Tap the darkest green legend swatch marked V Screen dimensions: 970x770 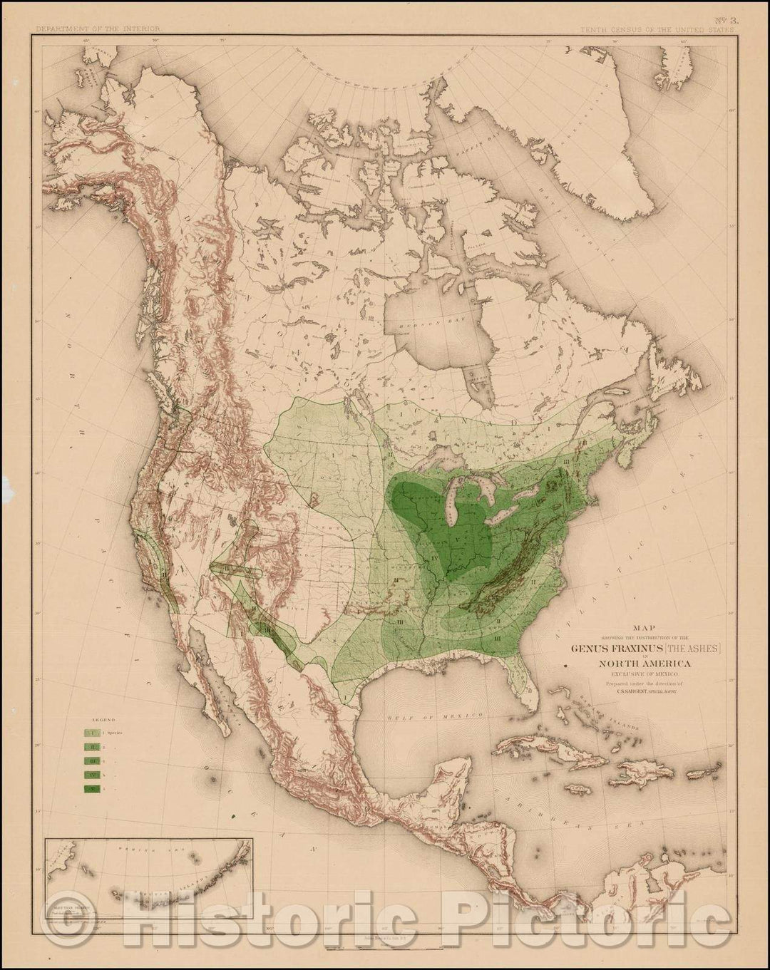92,788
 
